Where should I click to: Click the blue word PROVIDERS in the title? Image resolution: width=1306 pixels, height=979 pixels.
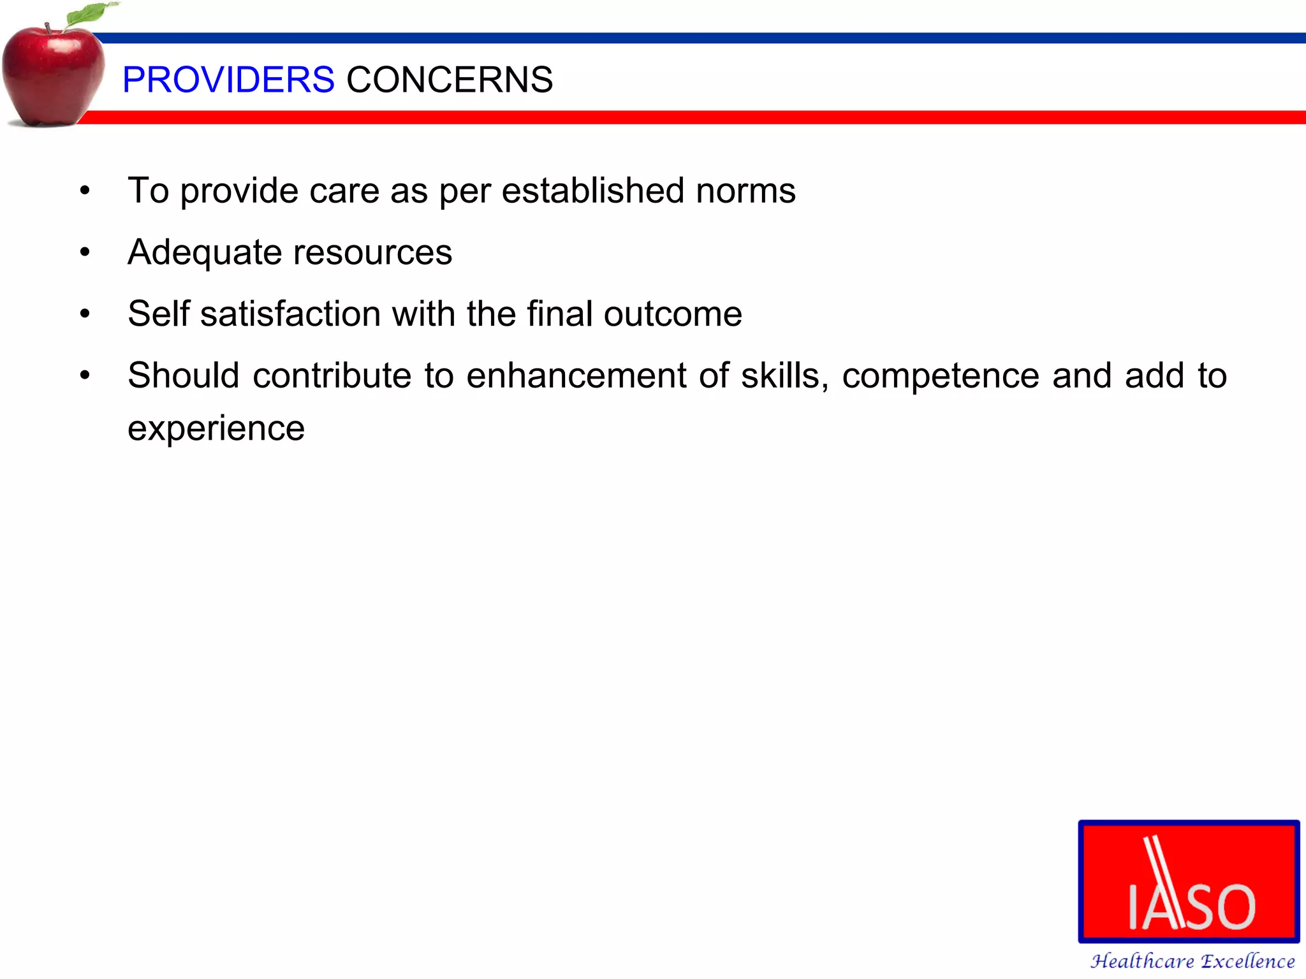[x=228, y=80]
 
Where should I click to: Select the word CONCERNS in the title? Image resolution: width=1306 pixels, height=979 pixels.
[x=450, y=80]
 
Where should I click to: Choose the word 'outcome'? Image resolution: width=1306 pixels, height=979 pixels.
[x=673, y=314]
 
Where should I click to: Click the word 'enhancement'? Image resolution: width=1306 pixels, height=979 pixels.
[x=576, y=375]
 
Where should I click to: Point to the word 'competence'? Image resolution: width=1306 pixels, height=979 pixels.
[x=941, y=375]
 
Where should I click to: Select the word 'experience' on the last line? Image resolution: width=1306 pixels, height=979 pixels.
[x=216, y=428]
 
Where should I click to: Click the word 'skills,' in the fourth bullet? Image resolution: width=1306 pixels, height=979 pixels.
[x=784, y=375]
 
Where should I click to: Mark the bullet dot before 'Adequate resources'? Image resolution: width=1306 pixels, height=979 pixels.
[x=85, y=252]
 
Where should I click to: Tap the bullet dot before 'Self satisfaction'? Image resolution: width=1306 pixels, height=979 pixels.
[x=85, y=314]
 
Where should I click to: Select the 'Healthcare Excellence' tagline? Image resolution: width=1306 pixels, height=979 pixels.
[x=1192, y=961]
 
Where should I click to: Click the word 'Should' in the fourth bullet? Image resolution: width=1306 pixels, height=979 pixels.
[x=183, y=375]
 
